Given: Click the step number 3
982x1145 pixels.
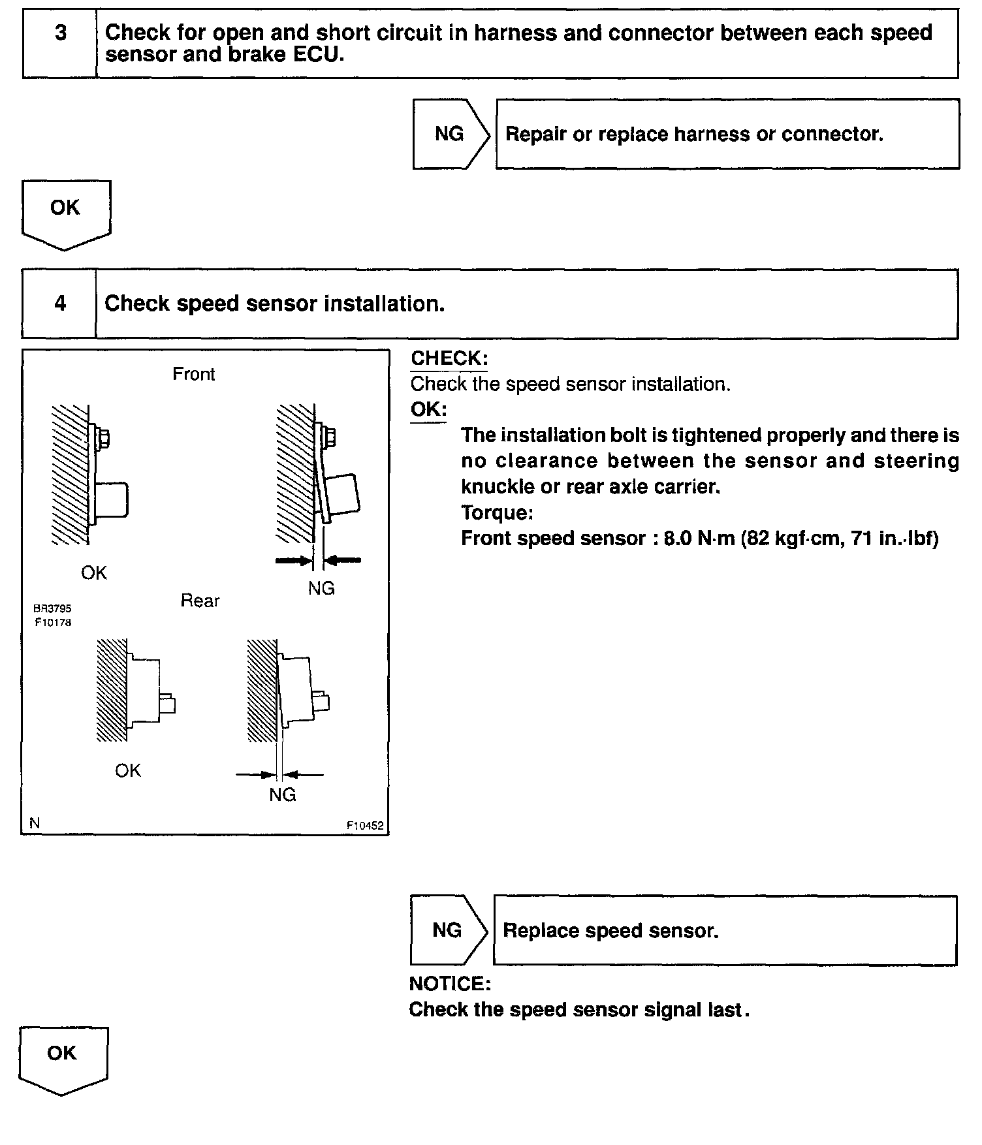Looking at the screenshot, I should point(60,33).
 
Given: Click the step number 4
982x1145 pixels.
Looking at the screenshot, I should point(60,304).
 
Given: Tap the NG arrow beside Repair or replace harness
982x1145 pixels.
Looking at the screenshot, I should point(450,134).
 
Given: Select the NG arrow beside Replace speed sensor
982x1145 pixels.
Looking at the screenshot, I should point(448,930).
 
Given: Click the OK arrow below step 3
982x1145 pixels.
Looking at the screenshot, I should point(65,209).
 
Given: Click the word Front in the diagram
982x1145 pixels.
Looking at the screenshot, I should point(193,374).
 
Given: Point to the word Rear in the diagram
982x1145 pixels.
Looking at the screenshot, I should point(200,601).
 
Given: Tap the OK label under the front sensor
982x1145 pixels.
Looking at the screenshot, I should point(94,573).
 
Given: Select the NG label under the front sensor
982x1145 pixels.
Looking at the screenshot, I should point(321,588).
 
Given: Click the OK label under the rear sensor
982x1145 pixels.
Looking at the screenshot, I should point(128,771).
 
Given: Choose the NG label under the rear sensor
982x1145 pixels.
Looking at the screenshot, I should point(283,794).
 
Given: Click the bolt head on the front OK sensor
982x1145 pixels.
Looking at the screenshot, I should point(104,438).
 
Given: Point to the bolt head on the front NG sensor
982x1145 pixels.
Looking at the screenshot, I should point(330,437).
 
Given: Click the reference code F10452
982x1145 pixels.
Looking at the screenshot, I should point(365,826).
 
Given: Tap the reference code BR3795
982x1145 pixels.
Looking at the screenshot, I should point(53,608).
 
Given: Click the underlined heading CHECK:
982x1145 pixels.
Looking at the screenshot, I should point(449,358).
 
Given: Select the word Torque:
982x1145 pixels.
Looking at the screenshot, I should point(497,512).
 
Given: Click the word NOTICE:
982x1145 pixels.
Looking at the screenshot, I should point(450,984).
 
